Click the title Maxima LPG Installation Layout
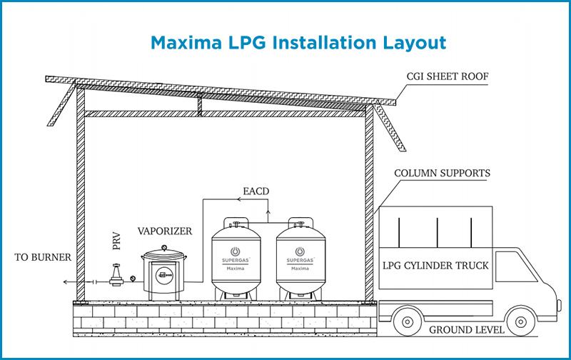(x=298, y=43)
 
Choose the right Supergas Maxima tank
(x=301, y=258)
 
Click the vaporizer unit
(x=164, y=271)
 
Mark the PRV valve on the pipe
(x=116, y=275)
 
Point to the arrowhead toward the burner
(x=65, y=282)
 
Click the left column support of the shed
(x=81, y=207)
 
